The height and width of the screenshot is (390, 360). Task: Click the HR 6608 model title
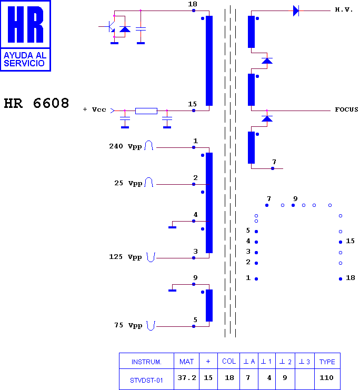[36, 103]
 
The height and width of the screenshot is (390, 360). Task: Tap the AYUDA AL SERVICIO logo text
[25, 59]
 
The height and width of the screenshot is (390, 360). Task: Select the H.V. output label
[344, 9]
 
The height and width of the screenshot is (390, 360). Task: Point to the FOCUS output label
[346, 109]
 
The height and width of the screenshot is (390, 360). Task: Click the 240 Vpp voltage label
[125, 146]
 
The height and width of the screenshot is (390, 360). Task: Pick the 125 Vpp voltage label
[125, 257]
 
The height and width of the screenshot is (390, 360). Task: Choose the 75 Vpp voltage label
[128, 325]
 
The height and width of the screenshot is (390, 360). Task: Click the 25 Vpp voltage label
[128, 183]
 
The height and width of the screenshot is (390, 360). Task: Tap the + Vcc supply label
[95, 109]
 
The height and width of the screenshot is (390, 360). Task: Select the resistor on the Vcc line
[146, 111]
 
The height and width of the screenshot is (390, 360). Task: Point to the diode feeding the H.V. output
[296, 11]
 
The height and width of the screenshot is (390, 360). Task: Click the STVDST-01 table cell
[146, 381]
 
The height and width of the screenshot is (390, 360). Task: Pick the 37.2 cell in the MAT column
[187, 378]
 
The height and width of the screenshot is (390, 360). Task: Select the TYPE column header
[327, 362]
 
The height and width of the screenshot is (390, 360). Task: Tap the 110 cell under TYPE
[326, 378]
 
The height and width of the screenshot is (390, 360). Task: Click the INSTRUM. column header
[146, 362]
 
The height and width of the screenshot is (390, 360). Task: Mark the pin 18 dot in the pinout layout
[341, 279]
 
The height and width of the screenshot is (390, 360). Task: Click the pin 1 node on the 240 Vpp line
[194, 147]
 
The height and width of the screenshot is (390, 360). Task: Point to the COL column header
[229, 362]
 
